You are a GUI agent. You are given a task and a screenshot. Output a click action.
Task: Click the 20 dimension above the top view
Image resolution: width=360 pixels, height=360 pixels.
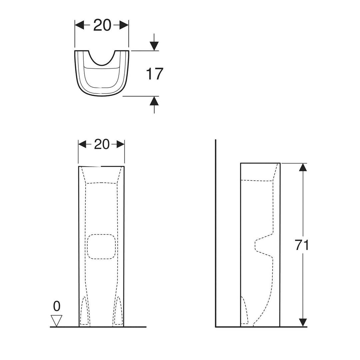(102, 25)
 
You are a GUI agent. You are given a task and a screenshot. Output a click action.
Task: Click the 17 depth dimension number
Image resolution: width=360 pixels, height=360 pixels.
(154, 74)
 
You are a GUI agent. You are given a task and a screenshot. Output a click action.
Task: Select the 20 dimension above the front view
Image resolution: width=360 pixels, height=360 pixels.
(102, 144)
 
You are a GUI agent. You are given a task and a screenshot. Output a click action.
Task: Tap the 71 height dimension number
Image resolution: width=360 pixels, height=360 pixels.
(302, 245)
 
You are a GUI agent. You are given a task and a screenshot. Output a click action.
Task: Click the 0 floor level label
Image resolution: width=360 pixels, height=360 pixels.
(57, 306)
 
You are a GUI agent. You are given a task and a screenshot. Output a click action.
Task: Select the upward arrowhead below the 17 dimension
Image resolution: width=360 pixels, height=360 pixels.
(154, 101)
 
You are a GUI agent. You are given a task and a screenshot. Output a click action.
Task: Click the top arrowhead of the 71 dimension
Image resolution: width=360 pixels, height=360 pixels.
(303, 167)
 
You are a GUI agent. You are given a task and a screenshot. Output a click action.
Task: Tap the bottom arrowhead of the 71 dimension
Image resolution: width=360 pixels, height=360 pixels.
(303, 322)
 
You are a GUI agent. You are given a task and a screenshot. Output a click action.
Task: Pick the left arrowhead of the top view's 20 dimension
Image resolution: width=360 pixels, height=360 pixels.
(79, 25)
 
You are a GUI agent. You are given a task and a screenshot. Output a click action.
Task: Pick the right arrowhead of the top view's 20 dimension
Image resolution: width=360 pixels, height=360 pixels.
(124, 25)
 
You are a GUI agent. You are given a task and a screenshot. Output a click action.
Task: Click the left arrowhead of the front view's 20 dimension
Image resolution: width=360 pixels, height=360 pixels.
(82, 144)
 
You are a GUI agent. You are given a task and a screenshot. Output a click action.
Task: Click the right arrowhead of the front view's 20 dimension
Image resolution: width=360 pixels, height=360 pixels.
(120, 144)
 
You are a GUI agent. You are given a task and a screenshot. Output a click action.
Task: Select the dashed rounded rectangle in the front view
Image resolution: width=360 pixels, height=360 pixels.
(101, 246)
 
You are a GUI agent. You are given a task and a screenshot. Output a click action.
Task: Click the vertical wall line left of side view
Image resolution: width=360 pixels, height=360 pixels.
(216, 233)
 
